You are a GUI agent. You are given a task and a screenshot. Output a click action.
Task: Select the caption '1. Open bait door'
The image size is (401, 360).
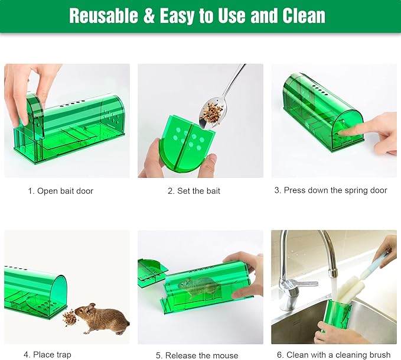click(x=61, y=191)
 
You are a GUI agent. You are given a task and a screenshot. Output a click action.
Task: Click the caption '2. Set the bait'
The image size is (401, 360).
click(x=194, y=191)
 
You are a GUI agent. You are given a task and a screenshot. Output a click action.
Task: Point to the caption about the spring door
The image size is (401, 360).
click(x=331, y=190)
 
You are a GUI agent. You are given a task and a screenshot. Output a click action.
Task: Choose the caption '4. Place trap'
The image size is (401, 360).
click(x=48, y=355)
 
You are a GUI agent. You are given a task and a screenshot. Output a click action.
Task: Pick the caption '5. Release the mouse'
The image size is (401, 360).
click(x=197, y=355)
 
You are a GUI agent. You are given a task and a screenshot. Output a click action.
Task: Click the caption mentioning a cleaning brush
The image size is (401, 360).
click(x=334, y=355)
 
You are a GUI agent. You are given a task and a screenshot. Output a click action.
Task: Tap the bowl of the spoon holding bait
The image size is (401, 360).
click(x=211, y=113)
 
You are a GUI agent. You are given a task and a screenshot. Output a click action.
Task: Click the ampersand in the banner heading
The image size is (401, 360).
click(x=148, y=16)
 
